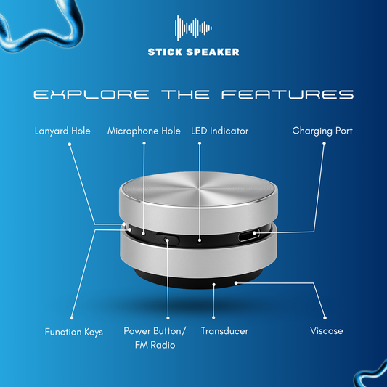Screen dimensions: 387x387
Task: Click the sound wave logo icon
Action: (193, 28)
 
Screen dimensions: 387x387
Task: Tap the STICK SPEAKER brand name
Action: (193, 52)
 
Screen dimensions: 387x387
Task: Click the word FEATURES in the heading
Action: (288, 94)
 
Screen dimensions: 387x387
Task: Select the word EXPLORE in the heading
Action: (91, 94)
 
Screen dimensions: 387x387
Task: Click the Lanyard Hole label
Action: (62, 131)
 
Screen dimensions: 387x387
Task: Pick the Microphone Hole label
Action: (144, 131)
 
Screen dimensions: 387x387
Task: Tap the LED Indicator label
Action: (220, 131)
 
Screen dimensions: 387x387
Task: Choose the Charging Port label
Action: (322, 131)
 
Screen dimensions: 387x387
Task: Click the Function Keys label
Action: (74, 332)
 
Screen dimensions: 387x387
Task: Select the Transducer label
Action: (224, 331)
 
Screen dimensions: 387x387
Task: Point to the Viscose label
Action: (326, 330)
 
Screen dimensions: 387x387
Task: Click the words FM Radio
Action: (155, 345)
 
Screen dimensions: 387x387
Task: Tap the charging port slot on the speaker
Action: (249, 236)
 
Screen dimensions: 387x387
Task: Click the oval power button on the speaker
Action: (167, 240)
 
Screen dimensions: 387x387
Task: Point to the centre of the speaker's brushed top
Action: (199, 189)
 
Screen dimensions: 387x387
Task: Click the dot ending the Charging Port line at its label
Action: (324, 144)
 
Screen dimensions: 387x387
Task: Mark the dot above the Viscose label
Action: (325, 317)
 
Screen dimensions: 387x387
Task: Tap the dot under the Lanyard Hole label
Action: (70, 144)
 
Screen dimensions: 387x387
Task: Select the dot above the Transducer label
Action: (213, 317)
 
